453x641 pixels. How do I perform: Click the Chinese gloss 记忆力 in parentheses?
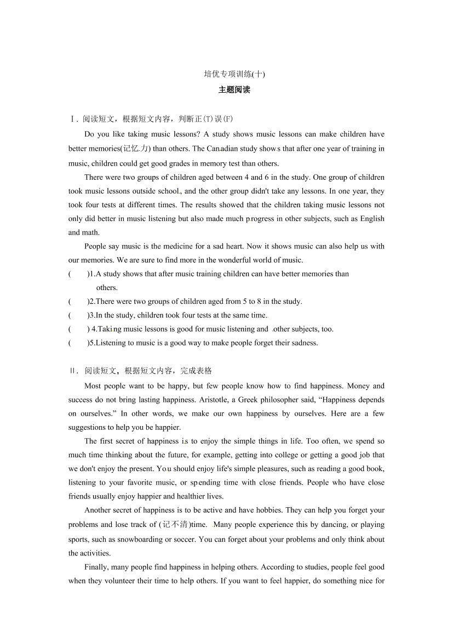tap(135, 149)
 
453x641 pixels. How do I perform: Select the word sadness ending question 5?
tap(302, 343)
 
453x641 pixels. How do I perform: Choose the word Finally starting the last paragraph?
tap(98, 567)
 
